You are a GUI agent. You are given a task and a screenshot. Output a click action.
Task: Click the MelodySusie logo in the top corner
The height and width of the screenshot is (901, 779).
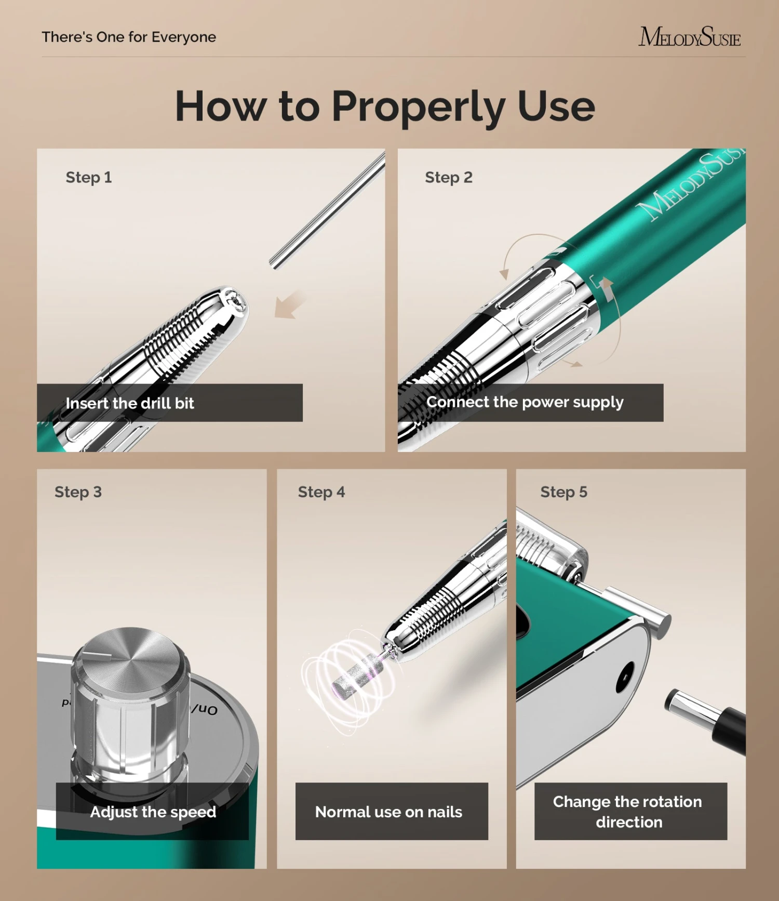tap(689, 37)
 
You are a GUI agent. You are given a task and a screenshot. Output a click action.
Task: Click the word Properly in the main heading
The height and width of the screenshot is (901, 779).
tap(418, 107)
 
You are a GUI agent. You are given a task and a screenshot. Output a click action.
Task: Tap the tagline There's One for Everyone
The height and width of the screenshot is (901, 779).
tap(129, 37)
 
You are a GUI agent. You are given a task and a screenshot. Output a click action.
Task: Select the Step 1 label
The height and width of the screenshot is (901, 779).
tap(88, 178)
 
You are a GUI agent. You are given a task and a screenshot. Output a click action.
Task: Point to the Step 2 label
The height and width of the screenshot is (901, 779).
tap(448, 178)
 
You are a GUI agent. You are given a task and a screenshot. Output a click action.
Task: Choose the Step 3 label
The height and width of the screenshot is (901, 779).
tap(78, 492)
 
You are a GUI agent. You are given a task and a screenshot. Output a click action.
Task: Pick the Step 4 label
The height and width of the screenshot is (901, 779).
tap(321, 492)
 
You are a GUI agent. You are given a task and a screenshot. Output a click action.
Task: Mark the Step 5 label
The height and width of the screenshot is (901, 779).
tap(563, 492)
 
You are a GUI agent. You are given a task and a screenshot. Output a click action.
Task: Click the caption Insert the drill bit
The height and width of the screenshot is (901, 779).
tap(130, 403)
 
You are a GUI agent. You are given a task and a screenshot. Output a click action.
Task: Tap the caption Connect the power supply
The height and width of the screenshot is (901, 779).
tap(525, 402)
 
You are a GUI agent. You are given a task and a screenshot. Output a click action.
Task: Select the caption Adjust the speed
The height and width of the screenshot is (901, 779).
tap(153, 812)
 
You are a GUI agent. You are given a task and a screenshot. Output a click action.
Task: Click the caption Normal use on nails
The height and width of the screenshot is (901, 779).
tap(388, 812)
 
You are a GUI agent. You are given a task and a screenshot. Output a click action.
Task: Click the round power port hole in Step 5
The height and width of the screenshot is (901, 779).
tap(625, 677)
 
